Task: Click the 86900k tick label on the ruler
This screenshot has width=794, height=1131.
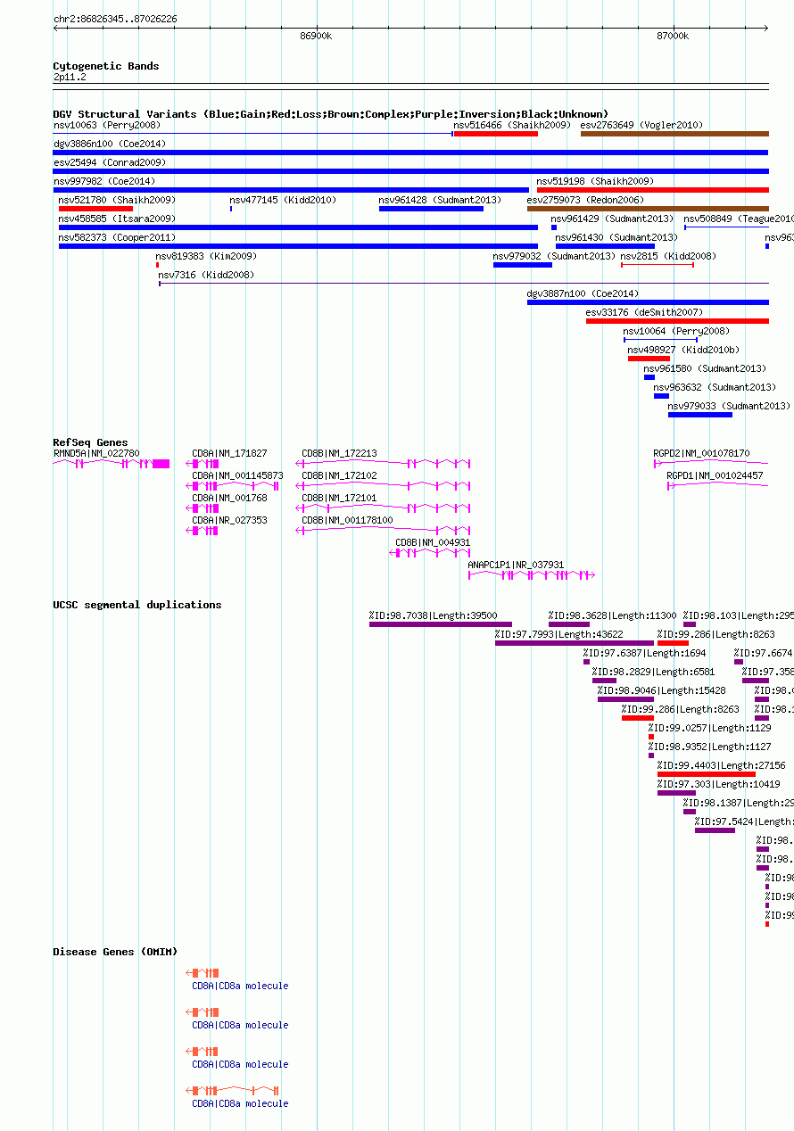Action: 316,36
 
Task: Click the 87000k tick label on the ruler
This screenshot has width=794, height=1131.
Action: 672,36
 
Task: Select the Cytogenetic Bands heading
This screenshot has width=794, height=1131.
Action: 105,66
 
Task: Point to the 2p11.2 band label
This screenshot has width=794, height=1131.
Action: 70,78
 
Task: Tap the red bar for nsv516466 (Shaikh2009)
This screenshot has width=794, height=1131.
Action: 495,134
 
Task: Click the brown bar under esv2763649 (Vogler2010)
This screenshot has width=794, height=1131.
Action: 674,134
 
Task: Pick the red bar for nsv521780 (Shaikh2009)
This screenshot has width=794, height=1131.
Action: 95,209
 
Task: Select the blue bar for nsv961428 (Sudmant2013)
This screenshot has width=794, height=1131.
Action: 431,209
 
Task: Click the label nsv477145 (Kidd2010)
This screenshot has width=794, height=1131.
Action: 282,200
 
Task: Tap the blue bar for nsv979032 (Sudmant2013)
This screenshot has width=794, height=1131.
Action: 522,265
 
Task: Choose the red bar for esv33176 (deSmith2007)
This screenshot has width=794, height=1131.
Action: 676,321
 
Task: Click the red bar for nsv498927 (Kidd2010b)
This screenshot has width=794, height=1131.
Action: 648,359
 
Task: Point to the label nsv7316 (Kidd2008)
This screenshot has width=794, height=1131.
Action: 206,275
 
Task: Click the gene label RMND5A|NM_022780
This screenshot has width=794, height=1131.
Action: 96,453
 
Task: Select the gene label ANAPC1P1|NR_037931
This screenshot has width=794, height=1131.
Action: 516,565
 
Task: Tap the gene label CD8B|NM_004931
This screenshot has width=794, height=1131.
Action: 433,542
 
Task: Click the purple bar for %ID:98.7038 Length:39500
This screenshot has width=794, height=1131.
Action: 440,624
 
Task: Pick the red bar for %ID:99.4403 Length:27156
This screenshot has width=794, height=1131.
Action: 706,774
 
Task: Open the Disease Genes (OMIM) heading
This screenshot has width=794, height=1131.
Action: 114,952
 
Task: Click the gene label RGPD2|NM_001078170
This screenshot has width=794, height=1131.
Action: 701,453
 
